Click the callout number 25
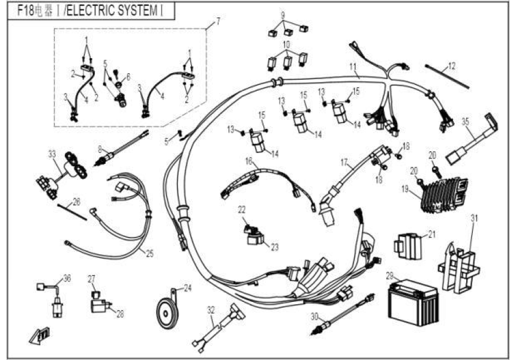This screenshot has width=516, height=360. click(149, 253)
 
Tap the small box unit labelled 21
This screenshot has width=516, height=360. click(408, 244)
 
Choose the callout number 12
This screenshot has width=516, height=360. click(452, 64)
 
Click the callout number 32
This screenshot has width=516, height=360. click(211, 310)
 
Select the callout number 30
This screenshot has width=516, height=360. click(315, 316)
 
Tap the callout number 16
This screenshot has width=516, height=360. click(249, 161)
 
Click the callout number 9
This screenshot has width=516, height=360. click(283, 14)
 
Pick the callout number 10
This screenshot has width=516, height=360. click(287, 44)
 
